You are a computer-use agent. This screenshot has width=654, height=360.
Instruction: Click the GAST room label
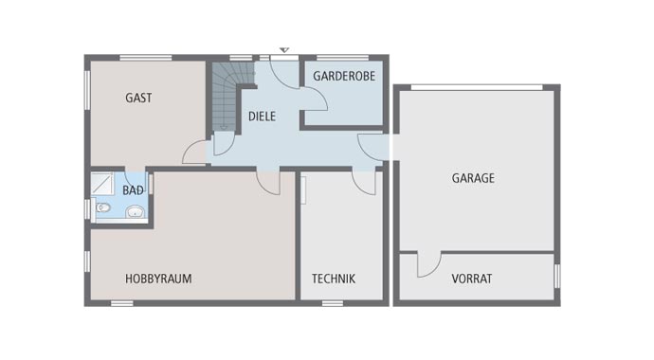tap(138, 98)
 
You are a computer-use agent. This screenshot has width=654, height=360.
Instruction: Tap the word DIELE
tap(262, 117)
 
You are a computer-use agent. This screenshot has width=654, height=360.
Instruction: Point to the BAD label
tap(134, 190)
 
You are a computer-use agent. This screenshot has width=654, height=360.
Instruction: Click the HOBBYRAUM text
tap(158, 279)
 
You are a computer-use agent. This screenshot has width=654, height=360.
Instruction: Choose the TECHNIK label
tap(334, 279)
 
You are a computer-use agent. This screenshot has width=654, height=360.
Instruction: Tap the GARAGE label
tap(473, 178)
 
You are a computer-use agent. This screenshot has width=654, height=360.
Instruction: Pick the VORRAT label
tap(471, 279)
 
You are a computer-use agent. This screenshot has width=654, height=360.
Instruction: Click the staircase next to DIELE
tap(226, 96)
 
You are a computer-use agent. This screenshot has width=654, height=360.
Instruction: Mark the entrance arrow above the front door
tap(283, 49)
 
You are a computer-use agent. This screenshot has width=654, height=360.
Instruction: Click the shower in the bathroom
tap(103, 184)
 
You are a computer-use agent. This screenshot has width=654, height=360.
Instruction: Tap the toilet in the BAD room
tap(100, 208)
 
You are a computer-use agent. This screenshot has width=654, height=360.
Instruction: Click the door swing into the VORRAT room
tap(427, 264)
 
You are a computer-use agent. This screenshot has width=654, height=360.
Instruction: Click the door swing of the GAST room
tap(196, 153)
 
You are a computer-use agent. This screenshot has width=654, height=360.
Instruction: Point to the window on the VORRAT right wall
tap(557, 276)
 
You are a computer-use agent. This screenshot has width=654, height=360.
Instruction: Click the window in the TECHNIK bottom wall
tap(332, 303)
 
